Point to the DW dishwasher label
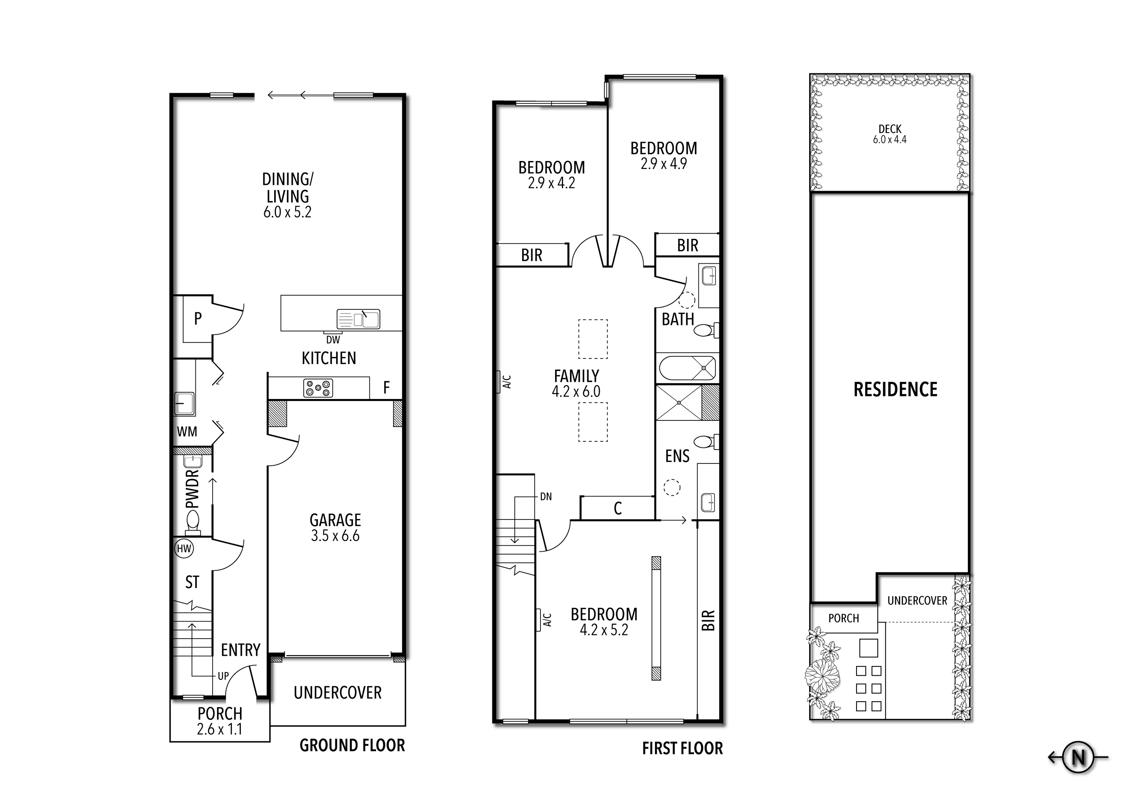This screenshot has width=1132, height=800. [x=333, y=340]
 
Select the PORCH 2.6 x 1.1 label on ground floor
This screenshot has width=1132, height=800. [x=220, y=721]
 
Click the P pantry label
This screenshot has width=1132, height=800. [x=198, y=319]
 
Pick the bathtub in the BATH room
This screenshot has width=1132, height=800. [x=687, y=368]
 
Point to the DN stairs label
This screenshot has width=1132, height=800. [x=546, y=497]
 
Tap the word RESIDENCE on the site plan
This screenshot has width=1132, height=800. [x=895, y=390]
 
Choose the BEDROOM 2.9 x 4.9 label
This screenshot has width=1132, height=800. [x=664, y=155]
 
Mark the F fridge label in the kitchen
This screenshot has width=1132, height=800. [x=386, y=388]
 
